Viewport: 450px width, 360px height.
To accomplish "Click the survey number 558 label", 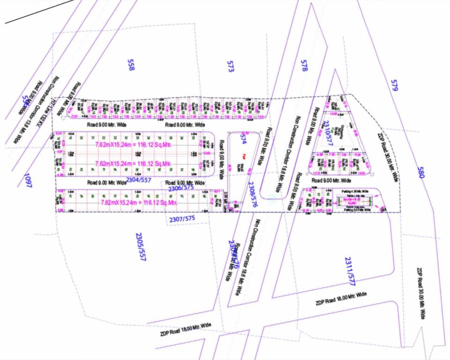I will (131, 65).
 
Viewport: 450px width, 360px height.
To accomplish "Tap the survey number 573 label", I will (230, 67).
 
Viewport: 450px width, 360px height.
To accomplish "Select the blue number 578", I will (304, 66).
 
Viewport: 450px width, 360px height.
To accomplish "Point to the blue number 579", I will (394, 85).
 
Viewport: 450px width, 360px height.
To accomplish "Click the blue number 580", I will (420, 173).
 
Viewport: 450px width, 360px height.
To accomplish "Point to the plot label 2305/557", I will (139, 246).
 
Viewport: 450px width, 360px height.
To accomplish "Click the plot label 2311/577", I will (350, 270).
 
